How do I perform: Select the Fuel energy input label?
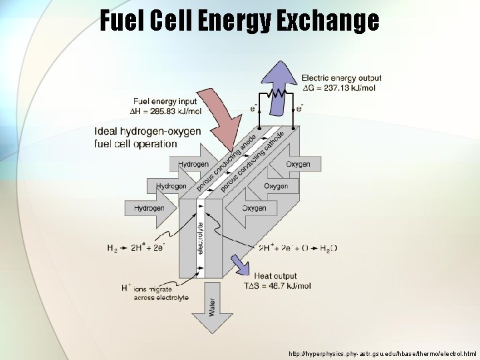(165, 101)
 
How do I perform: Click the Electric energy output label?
(341, 78)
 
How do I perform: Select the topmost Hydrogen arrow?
(194, 164)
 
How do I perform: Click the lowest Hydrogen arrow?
(151, 208)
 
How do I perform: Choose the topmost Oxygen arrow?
(301, 164)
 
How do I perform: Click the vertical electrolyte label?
(201, 239)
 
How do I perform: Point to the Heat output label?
(275, 276)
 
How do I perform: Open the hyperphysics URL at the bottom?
(383, 353)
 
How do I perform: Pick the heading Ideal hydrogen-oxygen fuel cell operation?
(147, 137)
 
